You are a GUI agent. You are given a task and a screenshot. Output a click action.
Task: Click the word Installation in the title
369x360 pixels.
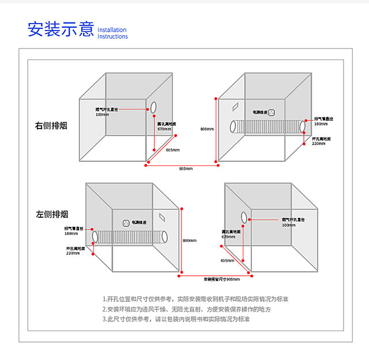(x=112, y=30)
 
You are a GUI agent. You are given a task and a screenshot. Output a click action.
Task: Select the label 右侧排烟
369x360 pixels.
(x=51, y=125)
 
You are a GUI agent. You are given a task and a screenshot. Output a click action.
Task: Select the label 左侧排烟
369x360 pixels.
(x=51, y=214)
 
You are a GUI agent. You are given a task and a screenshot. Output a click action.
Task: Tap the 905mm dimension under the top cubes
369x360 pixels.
(x=186, y=169)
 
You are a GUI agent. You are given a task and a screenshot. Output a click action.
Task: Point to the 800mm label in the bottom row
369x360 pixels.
(x=189, y=240)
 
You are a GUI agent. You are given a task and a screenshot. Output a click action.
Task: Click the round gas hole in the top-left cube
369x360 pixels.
(x=154, y=107)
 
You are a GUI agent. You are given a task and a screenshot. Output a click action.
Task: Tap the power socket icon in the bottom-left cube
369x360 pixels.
(x=125, y=222)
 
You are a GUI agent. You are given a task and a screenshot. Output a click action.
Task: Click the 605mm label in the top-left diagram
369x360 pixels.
(x=172, y=150)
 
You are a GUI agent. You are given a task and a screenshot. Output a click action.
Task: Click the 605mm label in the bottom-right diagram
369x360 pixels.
(x=227, y=260)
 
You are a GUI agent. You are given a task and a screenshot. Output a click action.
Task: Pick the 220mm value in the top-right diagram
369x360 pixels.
(x=319, y=143)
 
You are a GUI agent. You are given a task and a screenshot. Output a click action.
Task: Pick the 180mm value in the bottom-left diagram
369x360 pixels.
(x=71, y=233)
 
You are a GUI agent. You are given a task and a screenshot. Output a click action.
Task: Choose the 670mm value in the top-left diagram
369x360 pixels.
(x=164, y=129)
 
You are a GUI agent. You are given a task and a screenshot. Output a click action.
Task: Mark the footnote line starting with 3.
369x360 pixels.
(x=176, y=319)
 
